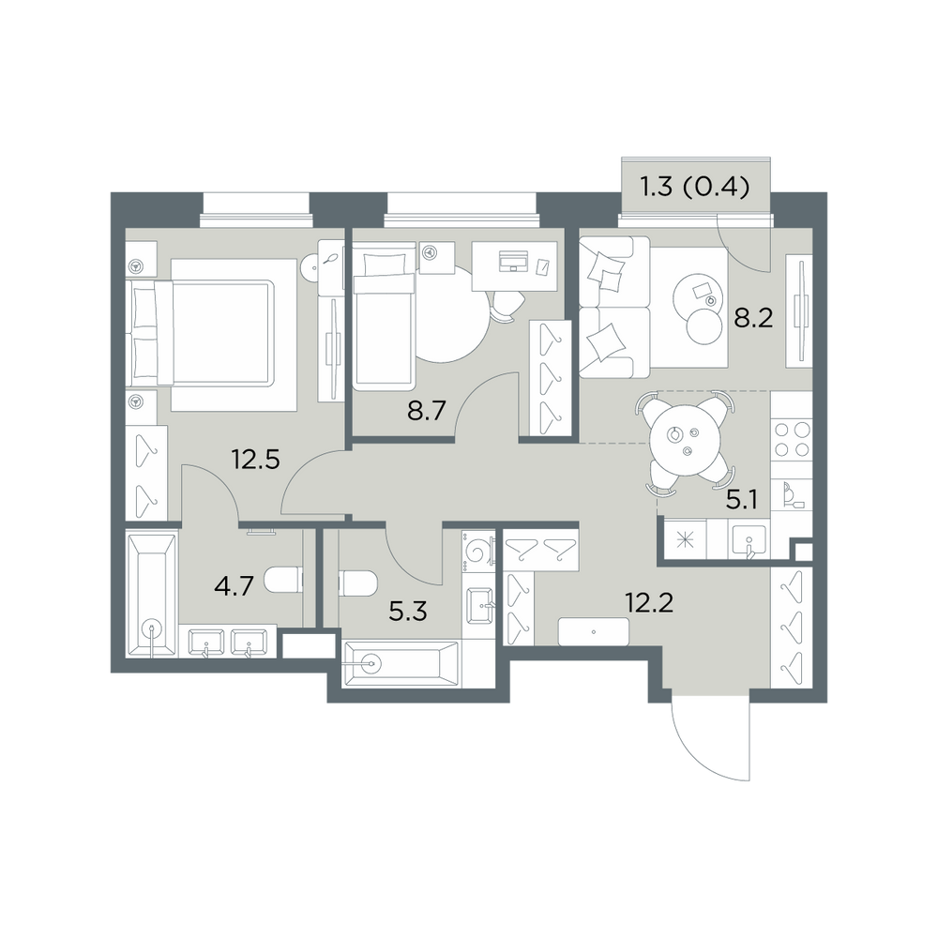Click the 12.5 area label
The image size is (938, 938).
pyautogui.click(x=255, y=461)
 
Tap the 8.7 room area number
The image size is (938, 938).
pyautogui.click(x=427, y=412)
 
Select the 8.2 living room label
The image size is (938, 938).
pyautogui.click(x=754, y=319)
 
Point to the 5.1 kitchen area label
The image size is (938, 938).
pyautogui.click(x=742, y=499)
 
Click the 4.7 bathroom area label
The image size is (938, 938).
pyautogui.click(x=234, y=587)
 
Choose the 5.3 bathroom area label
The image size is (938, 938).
pyautogui.click(x=407, y=612)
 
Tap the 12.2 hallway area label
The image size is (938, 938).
pyautogui.click(x=649, y=602)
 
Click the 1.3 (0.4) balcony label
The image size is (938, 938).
pyautogui.click(x=695, y=188)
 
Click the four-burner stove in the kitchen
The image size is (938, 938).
pyautogui.click(x=792, y=440)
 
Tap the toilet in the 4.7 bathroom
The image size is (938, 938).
pyautogui.click(x=283, y=580)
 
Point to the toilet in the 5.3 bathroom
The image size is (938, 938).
pyautogui.click(x=357, y=583)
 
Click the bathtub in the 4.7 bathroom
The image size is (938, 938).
pyautogui.click(x=152, y=596)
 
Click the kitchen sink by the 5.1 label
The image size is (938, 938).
pyautogui.click(x=749, y=539)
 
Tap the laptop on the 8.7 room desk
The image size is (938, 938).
pyautogui.click(x=514, y=260)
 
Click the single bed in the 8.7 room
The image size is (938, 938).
pyautogui.click(x=384, y=315)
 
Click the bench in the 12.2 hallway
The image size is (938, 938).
pyautogui.click(x=594, y=631)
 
